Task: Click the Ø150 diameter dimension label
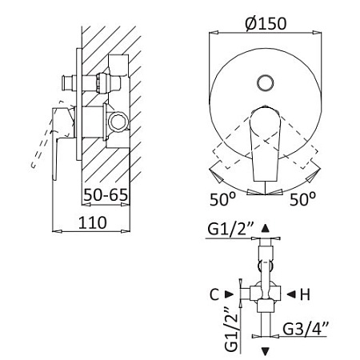pyautogui.click(x=266, y=23)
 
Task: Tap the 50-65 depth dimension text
pyautogui.click(x=106, y=194)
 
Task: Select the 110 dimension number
pyautogui.click(x=93, y=222)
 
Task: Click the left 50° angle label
pyautogui.click(x=223, y=199)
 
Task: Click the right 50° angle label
pyautogui.click(x=302, y=199)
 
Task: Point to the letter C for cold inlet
pyautogui.click(x=214, y=294)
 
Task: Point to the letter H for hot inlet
pyautogui.click(x=306, y=294)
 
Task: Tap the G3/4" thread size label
pyautogui.click(x=306, y=329)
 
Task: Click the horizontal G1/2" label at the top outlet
pyautogui.click(x=230, y=229)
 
